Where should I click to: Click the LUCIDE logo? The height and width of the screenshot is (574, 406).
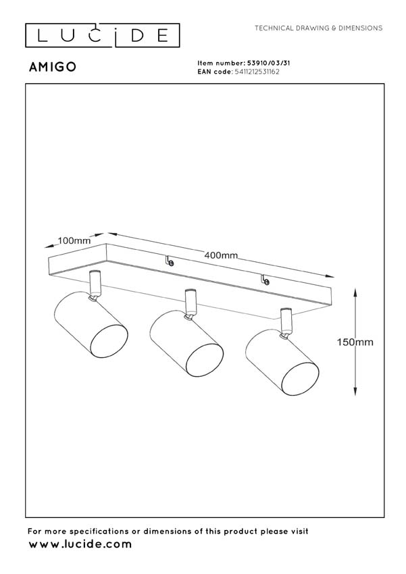tap(103, 35)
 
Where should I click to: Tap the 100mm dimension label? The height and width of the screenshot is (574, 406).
tap(74, 241)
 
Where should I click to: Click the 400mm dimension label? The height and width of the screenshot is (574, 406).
tap(221, 255)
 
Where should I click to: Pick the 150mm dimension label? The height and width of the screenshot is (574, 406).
tap(355, 342)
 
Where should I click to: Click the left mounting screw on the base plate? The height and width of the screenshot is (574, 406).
tap(170, 262)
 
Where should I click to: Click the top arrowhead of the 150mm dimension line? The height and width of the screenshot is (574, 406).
tap(355, 291)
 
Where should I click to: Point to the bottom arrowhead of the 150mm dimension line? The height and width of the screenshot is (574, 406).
tap(355, 393)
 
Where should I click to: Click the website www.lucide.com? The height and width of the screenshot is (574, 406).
tap(80, 544)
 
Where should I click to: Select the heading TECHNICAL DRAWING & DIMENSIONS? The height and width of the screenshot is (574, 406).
tap(318, 28)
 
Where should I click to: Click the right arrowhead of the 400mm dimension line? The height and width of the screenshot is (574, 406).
tap(332, 277)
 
